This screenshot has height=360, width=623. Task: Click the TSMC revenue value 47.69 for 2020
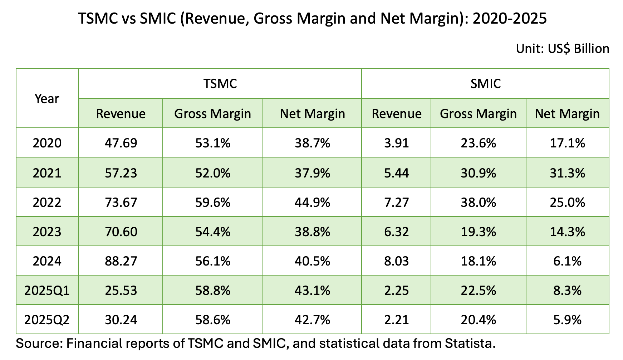[121, 143]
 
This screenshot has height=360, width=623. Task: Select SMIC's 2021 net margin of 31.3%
[567, 173]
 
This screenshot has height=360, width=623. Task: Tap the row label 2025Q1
[47, 290]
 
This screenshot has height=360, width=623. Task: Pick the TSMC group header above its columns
[220, 84]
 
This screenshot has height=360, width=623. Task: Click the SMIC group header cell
[485, 84]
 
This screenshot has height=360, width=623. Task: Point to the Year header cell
[47, 98]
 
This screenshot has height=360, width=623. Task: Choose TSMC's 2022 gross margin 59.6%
[213, 203]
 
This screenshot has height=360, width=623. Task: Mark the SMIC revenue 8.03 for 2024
[396, 261]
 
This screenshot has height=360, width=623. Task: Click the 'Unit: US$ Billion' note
[562, 49]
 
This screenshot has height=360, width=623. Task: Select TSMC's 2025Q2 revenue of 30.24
[121, 320]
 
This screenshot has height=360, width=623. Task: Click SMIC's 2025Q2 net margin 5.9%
[567, 320]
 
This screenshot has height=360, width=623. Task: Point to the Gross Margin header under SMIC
[478, 114]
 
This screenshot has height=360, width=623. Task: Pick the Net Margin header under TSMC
[312, 114]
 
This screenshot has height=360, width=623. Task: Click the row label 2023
[47, 232]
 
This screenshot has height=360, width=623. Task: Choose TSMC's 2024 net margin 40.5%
[312, 261]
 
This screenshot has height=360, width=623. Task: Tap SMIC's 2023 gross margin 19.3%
[478, 232]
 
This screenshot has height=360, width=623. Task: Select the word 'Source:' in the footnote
[39, 344]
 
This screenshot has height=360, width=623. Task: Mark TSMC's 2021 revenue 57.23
[121, 173]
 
